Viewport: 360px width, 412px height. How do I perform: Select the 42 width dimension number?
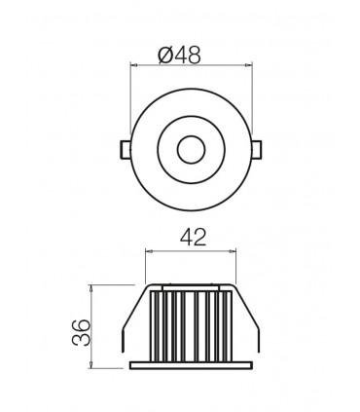(192, 236)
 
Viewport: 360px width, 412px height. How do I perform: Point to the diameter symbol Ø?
(164, 57)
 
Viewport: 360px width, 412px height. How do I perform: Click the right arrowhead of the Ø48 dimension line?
(245, 65)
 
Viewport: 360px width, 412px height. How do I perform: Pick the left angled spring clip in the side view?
(129, 321)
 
